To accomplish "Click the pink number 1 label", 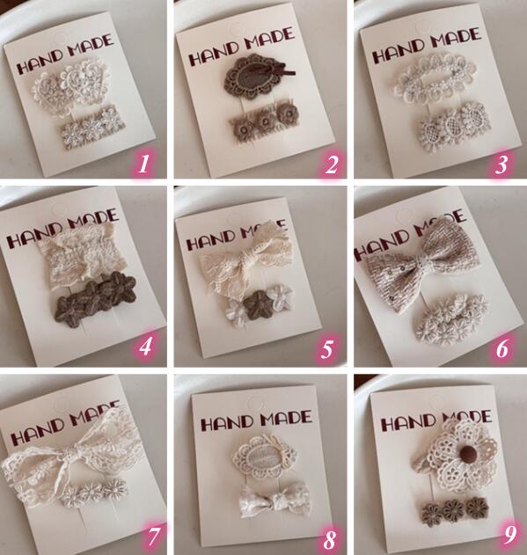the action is [x=143, y=164].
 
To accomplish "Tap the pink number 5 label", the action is [x=327, y=348].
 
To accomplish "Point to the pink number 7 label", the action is [x=151, y=535].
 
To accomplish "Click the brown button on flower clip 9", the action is [x=465, y=453].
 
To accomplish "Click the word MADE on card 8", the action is [x=286, y=418].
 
